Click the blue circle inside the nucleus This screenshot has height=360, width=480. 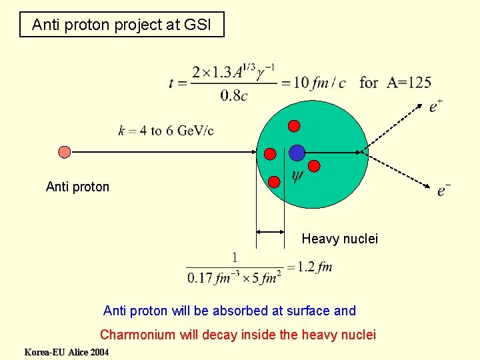click(x=297, y=153)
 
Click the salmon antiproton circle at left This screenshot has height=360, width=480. click(x=64, y=152)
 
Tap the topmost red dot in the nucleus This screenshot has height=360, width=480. click(x=294, y=125)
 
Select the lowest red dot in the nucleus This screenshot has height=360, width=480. click(x=274, y=181)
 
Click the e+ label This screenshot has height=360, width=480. click(x=436, y=105)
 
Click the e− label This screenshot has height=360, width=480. click(x=443, y=191)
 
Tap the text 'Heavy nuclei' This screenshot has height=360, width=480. click(x=339, y=238)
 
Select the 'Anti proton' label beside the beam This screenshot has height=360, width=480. click(x=77, y=187)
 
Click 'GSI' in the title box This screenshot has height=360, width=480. click(x=198, y=25)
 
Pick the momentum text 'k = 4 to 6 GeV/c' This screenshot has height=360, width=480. click(x=166, y=130)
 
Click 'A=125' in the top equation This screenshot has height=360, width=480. click(x=409, y=83)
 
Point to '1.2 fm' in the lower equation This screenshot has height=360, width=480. click(x=315, y=267)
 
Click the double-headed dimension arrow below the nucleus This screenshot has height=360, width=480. click(x=271, y=231)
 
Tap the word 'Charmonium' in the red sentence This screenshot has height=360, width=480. click(x=137, y=335)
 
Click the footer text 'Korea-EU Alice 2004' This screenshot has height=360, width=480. click(x=66, y=352)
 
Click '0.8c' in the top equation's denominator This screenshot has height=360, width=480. click(x=234, y=95)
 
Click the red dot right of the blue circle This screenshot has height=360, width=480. click(x=315, y=165)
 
